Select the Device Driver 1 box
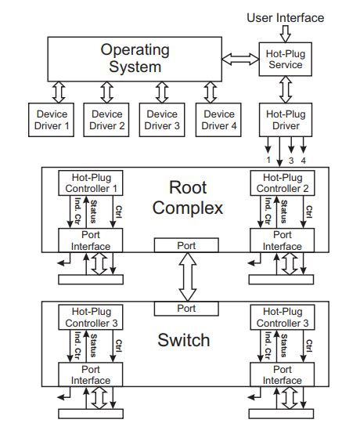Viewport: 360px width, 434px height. [52, 119]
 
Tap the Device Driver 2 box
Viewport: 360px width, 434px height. [106, 119]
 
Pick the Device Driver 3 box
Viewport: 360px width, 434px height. [162, 119]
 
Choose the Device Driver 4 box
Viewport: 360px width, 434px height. [217, 119]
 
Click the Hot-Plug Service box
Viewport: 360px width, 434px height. [285, 58]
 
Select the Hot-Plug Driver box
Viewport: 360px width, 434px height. [285, 119]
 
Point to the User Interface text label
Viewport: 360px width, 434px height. [285, 17]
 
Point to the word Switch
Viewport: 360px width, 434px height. [184, 340]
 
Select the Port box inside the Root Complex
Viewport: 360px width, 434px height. [186, 245]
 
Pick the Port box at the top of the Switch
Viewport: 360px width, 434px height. [186, 308]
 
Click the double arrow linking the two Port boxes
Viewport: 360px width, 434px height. [186, 277]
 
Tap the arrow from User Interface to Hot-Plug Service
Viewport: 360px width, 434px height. [285, 32]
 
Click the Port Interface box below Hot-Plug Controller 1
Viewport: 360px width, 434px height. [87, 241]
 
